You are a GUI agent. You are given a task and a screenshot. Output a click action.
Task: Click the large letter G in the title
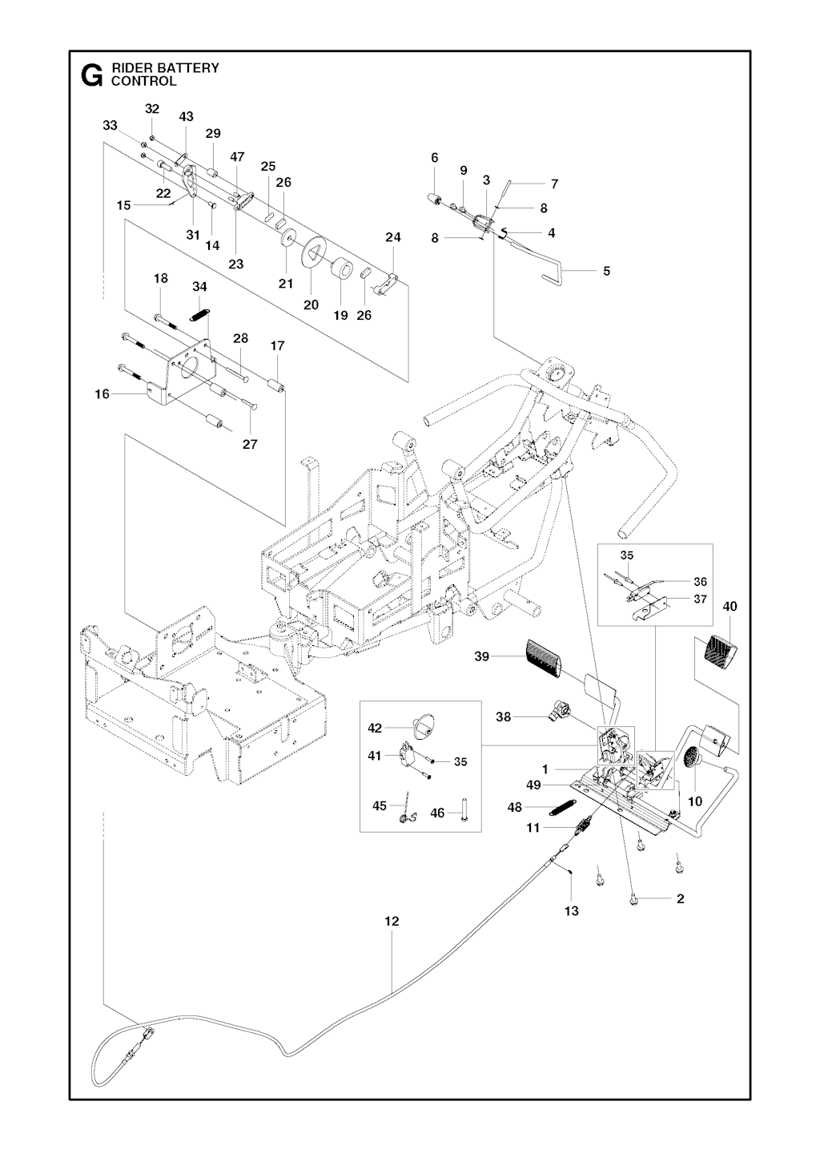click(x=93, y=75)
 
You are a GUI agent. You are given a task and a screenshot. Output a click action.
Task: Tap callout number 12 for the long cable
click(x=391, y=922)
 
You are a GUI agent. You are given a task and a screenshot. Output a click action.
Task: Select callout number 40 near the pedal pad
click(x=730, y=607)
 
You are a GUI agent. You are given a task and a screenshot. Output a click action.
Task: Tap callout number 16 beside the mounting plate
click(x=102, y=393)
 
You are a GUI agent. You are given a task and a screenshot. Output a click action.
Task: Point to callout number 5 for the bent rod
click(x=606, y=271)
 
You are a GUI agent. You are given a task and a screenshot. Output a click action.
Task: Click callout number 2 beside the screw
click(x=680, y=898)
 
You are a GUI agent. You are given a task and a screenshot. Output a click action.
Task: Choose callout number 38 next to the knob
click(x=503, y=717)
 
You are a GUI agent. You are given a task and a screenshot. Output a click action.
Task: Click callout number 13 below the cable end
click(x=571, y=910)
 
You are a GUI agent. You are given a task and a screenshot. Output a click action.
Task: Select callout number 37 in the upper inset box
click(x=701, y=599)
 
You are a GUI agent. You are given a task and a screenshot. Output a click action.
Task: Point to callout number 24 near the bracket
click(x=393, y=237)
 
